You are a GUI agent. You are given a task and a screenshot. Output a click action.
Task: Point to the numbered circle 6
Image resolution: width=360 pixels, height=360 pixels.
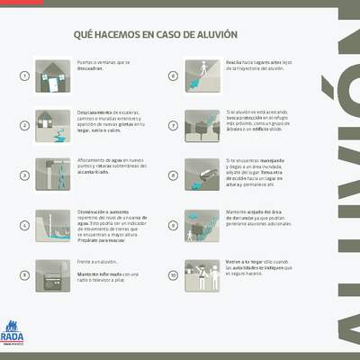[173, 76]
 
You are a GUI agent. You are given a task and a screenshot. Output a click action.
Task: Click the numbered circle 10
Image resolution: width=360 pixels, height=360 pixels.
[173, 275]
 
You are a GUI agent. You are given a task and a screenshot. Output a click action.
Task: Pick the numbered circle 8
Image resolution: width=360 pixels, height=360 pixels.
[173, 175]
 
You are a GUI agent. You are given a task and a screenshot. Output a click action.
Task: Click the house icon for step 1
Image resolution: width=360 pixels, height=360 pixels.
[52, 75]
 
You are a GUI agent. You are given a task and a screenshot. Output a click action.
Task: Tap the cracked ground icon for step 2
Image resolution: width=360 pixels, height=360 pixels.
[52, 125]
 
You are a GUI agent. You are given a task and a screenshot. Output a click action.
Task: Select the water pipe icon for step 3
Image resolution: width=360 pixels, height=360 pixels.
[52, 175]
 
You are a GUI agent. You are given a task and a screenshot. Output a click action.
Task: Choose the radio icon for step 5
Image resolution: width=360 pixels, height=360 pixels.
[52, 274]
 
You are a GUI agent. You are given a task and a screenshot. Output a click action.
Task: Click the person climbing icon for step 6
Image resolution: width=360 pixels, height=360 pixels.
[201, 75]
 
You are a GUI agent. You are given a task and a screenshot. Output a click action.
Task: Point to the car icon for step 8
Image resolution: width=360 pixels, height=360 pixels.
[201, 175]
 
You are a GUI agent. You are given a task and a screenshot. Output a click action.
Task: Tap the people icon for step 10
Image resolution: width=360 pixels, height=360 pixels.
[201, 274]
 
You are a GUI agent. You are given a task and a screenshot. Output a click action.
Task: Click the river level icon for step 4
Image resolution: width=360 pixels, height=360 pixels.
[52, 225]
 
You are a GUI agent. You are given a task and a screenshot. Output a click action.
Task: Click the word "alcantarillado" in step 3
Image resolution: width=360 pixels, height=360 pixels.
[96, 173]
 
